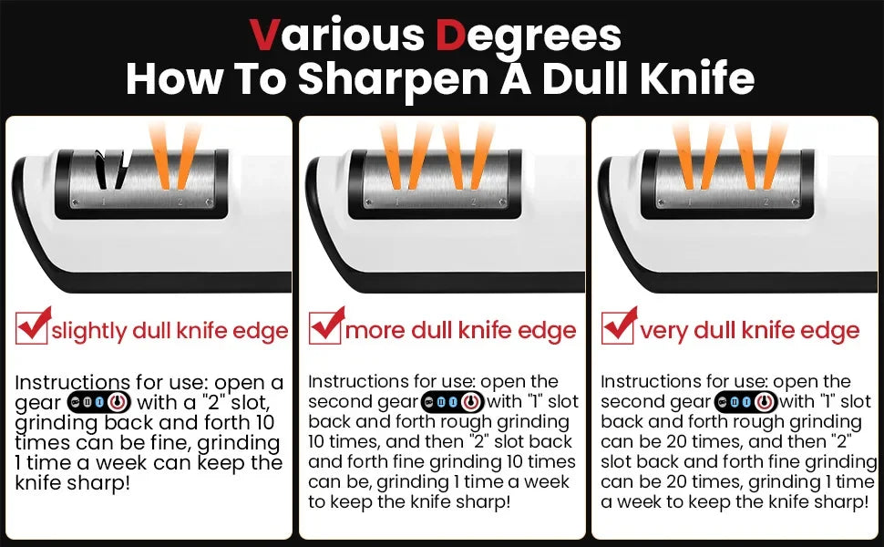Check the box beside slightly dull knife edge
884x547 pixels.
coord(32,327)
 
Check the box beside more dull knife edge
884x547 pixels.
coord(324,327)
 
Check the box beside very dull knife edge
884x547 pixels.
coord(617,327)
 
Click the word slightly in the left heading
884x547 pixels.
coord(88,331)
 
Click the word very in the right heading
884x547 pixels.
coord(663,331)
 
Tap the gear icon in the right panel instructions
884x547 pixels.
coord(744,401)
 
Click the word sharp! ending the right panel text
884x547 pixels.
coord(837,501)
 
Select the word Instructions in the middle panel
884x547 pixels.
coord(356,381)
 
